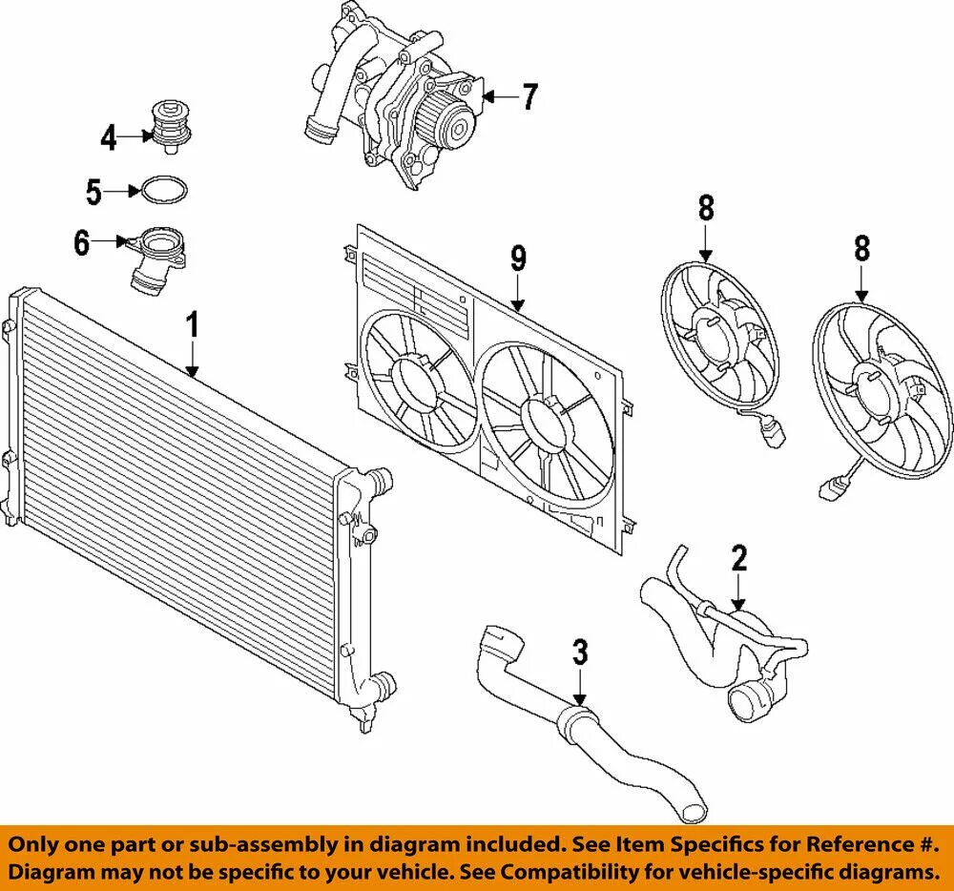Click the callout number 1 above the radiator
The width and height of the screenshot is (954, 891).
[192, 325]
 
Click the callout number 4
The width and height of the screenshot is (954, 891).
[109, 139]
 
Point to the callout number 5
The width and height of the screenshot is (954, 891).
[93, 192]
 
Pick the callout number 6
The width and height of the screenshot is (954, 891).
[83, 243]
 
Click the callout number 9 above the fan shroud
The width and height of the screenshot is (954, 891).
[518, 259]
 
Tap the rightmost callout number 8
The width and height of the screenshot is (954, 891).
[861, 250]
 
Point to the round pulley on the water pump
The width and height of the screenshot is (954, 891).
[457, 124]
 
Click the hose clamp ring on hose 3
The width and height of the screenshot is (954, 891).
[575, 717]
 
